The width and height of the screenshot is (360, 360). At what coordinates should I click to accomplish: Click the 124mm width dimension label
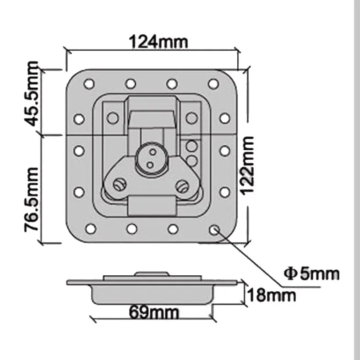coord(158,42)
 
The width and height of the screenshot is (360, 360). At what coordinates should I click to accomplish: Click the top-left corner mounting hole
coord(89,84)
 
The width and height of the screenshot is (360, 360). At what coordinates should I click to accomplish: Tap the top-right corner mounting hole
coord(213,84)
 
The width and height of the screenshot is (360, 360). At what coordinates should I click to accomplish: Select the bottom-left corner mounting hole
coord(90,229)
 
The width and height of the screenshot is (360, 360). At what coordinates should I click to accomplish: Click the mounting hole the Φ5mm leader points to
coord(213,229)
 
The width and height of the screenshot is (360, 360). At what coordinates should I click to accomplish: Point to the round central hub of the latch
coord(149,158)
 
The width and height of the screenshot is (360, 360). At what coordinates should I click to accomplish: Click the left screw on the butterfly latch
coord(120,184)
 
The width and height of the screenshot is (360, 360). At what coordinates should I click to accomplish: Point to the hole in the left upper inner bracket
coord(113,118)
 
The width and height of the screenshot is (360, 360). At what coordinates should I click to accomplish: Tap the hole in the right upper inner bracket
coord(191,118)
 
